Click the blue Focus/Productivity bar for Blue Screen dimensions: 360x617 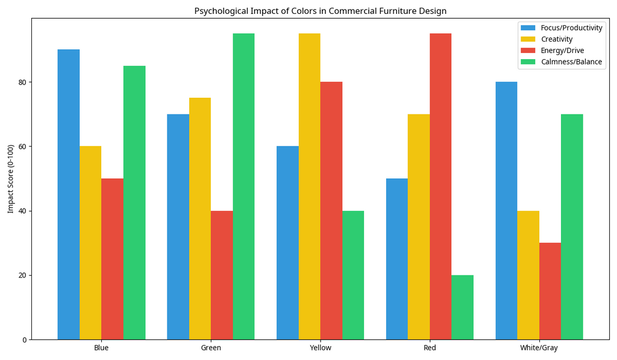click(69, 194)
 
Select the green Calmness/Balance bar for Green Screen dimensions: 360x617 click(243, 186)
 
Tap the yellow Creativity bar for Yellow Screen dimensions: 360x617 click(309, 186)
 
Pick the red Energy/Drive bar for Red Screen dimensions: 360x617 click(440, 186)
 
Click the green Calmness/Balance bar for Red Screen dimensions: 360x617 click(462, 307)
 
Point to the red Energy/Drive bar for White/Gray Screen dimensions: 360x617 click(550, 291)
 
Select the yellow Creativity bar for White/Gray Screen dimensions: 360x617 click(528, 275)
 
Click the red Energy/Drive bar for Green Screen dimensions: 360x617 click(222, 275)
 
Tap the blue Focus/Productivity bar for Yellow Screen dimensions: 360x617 click(287, 242)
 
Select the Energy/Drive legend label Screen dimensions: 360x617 click(562, 51)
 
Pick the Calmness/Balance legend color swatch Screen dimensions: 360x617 click(528, 62)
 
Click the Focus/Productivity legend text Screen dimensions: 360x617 click(571, 28)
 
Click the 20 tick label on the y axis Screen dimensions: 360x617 click(23, 275)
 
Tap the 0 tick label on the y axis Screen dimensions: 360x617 click(25, 339)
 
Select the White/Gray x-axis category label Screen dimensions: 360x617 click(539, 349)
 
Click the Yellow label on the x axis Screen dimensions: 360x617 click(320, 349)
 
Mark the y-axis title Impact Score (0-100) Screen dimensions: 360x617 click(10, 178)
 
